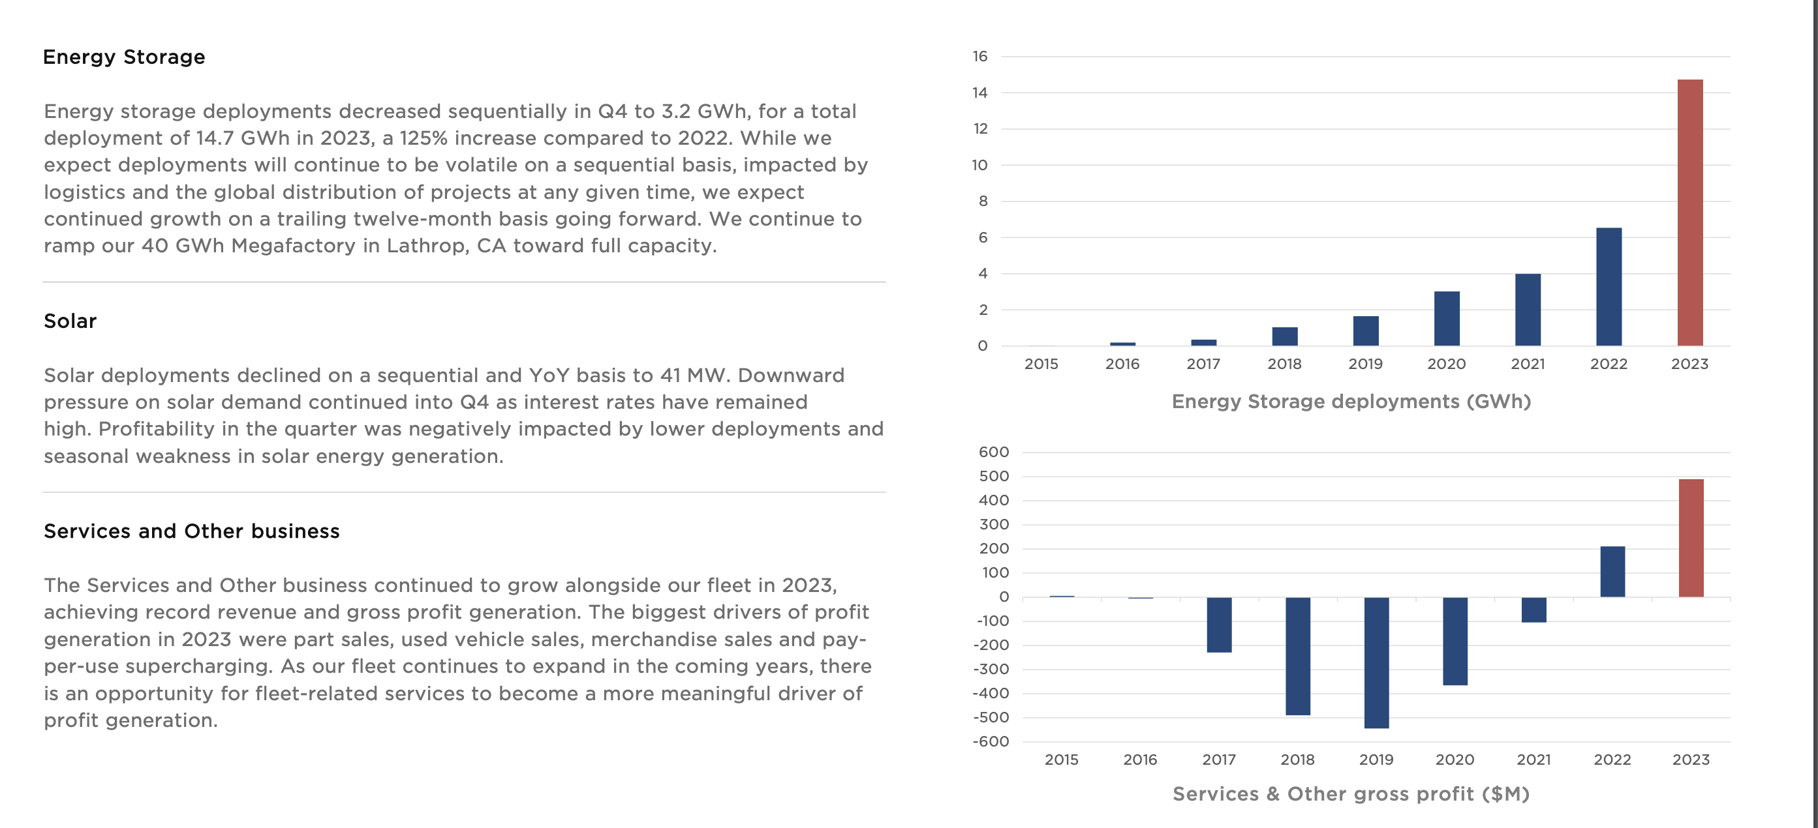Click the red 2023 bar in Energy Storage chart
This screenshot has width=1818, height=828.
1689,212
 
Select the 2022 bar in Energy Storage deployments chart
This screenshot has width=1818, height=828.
1609,286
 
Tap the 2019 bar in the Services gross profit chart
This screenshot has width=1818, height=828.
1376,662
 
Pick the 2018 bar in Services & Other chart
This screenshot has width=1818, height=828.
1297,656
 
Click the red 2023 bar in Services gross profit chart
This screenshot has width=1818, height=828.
1691,537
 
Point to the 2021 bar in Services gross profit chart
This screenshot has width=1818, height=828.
1533,610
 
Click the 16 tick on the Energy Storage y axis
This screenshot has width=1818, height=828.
979,57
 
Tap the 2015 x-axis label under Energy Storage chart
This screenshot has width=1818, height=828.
1041,364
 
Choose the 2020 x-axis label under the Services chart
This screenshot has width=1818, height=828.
1455,760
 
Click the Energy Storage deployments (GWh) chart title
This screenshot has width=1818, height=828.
1351,402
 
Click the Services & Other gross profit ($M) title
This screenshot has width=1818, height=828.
1351,794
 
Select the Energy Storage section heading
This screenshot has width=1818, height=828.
124,57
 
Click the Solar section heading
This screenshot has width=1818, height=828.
70,321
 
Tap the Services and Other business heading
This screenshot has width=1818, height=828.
191,531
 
